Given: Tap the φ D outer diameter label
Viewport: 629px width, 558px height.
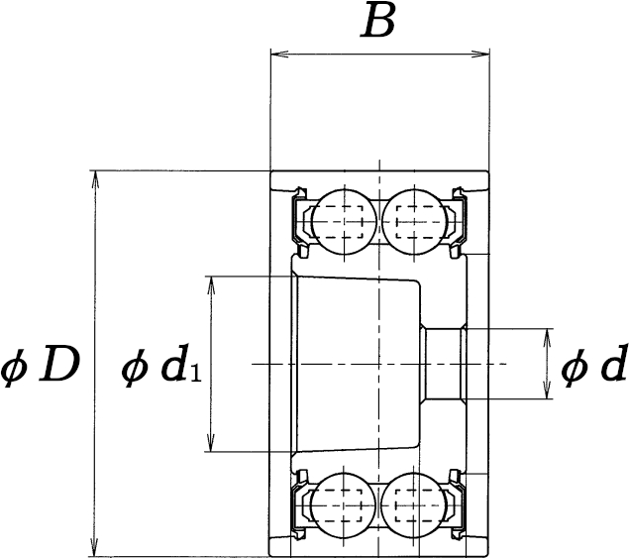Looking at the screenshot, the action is click(x=40, y=365).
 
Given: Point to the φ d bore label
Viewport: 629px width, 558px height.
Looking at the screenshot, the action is click(x=593, y=364).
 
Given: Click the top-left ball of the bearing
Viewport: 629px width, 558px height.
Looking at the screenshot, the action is click(x=345, y=222).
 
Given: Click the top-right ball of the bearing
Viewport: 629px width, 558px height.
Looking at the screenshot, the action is click(x=414, y=222).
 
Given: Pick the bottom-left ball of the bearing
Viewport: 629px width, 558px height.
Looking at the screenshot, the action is click(x=344, y=504).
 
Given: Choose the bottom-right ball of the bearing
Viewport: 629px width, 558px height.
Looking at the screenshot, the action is click(x=414, y=504).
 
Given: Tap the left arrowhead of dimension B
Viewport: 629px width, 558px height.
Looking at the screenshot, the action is click(x=279, y=54).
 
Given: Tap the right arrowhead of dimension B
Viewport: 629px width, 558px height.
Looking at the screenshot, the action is click(x=480, y=54).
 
